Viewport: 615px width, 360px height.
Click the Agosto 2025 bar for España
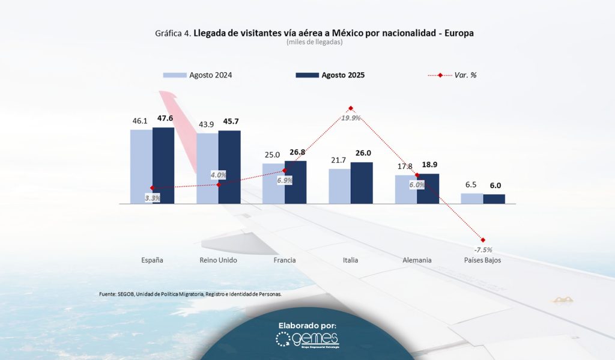[163, 165]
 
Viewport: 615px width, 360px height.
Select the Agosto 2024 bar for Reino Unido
[207, 168]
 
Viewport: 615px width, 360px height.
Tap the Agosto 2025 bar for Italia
[362, 183]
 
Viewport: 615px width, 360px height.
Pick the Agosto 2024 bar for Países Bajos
[472, 198]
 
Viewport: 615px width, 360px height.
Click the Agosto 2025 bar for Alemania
[428, 189]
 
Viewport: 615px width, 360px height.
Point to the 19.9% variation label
[350, 118]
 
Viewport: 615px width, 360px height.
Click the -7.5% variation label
[483, 249]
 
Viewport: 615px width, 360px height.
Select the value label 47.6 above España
[165, 119]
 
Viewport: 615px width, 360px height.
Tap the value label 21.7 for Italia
[339, 160]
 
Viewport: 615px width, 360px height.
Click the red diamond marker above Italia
[350, 109]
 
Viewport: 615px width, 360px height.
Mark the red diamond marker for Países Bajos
[483, 240]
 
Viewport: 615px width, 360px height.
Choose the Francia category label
[285, 260]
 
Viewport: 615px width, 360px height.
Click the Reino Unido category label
[218, 260]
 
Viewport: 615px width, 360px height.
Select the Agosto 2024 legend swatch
[175, 75]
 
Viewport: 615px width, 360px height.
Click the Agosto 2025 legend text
[343, 75]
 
